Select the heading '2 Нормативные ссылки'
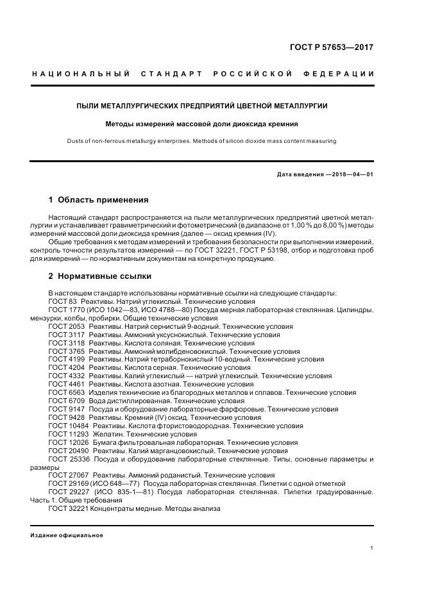[x=99, y=276]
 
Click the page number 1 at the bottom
[x=372, y=548]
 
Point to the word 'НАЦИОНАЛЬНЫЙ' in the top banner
[x=81, y=74]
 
